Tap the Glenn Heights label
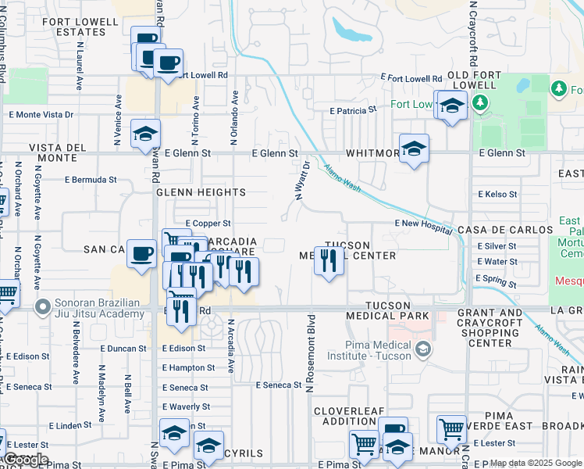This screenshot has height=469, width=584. point(201,192)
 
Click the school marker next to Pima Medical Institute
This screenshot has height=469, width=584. point(424,347)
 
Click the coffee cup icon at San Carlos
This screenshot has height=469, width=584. point(141,253)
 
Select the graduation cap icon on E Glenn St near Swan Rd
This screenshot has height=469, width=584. point(145,134)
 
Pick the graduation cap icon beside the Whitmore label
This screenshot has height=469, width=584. point(414,147)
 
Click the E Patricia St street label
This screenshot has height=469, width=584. point(353,111)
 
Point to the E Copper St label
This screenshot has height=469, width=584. point(203,224)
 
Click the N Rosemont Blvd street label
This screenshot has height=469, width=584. point(310,353)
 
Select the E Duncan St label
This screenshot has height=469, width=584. point(121,349)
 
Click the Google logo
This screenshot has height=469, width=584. point(27,460)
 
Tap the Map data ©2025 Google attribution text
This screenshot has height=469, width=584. point(536,464)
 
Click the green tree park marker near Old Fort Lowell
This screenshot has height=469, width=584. point(481,102)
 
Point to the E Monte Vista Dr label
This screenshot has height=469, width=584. point(41,114)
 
